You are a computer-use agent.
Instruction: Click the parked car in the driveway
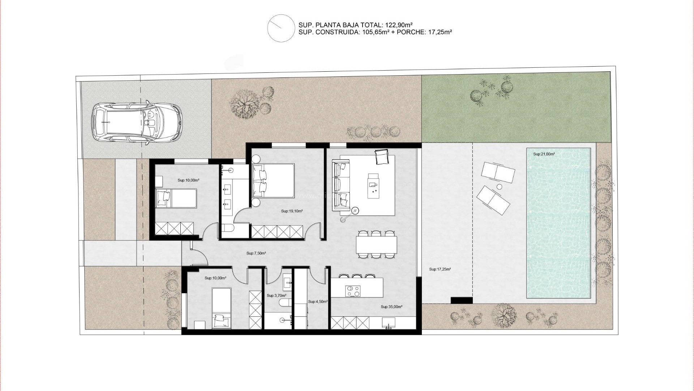[136, 123]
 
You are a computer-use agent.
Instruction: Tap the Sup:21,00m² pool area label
[544, 154]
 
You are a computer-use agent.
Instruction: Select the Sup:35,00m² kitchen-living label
[391, 307]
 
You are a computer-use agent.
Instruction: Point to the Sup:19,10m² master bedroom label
[292, 211]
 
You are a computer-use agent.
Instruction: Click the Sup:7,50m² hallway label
[256, 253]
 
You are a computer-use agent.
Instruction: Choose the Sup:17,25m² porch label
[440, 269]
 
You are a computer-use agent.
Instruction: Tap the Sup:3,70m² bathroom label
[276, 296]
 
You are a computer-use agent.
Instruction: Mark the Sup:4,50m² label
[318, 302]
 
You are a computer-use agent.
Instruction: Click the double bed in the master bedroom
[273, 180]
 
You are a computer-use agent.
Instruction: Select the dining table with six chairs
[376, 245]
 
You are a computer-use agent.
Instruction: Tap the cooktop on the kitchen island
[353, 291]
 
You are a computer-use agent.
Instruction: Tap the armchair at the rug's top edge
[381, 157]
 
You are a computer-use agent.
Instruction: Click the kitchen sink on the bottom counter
[389, 323]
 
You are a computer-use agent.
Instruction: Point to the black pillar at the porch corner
[462, 300]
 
